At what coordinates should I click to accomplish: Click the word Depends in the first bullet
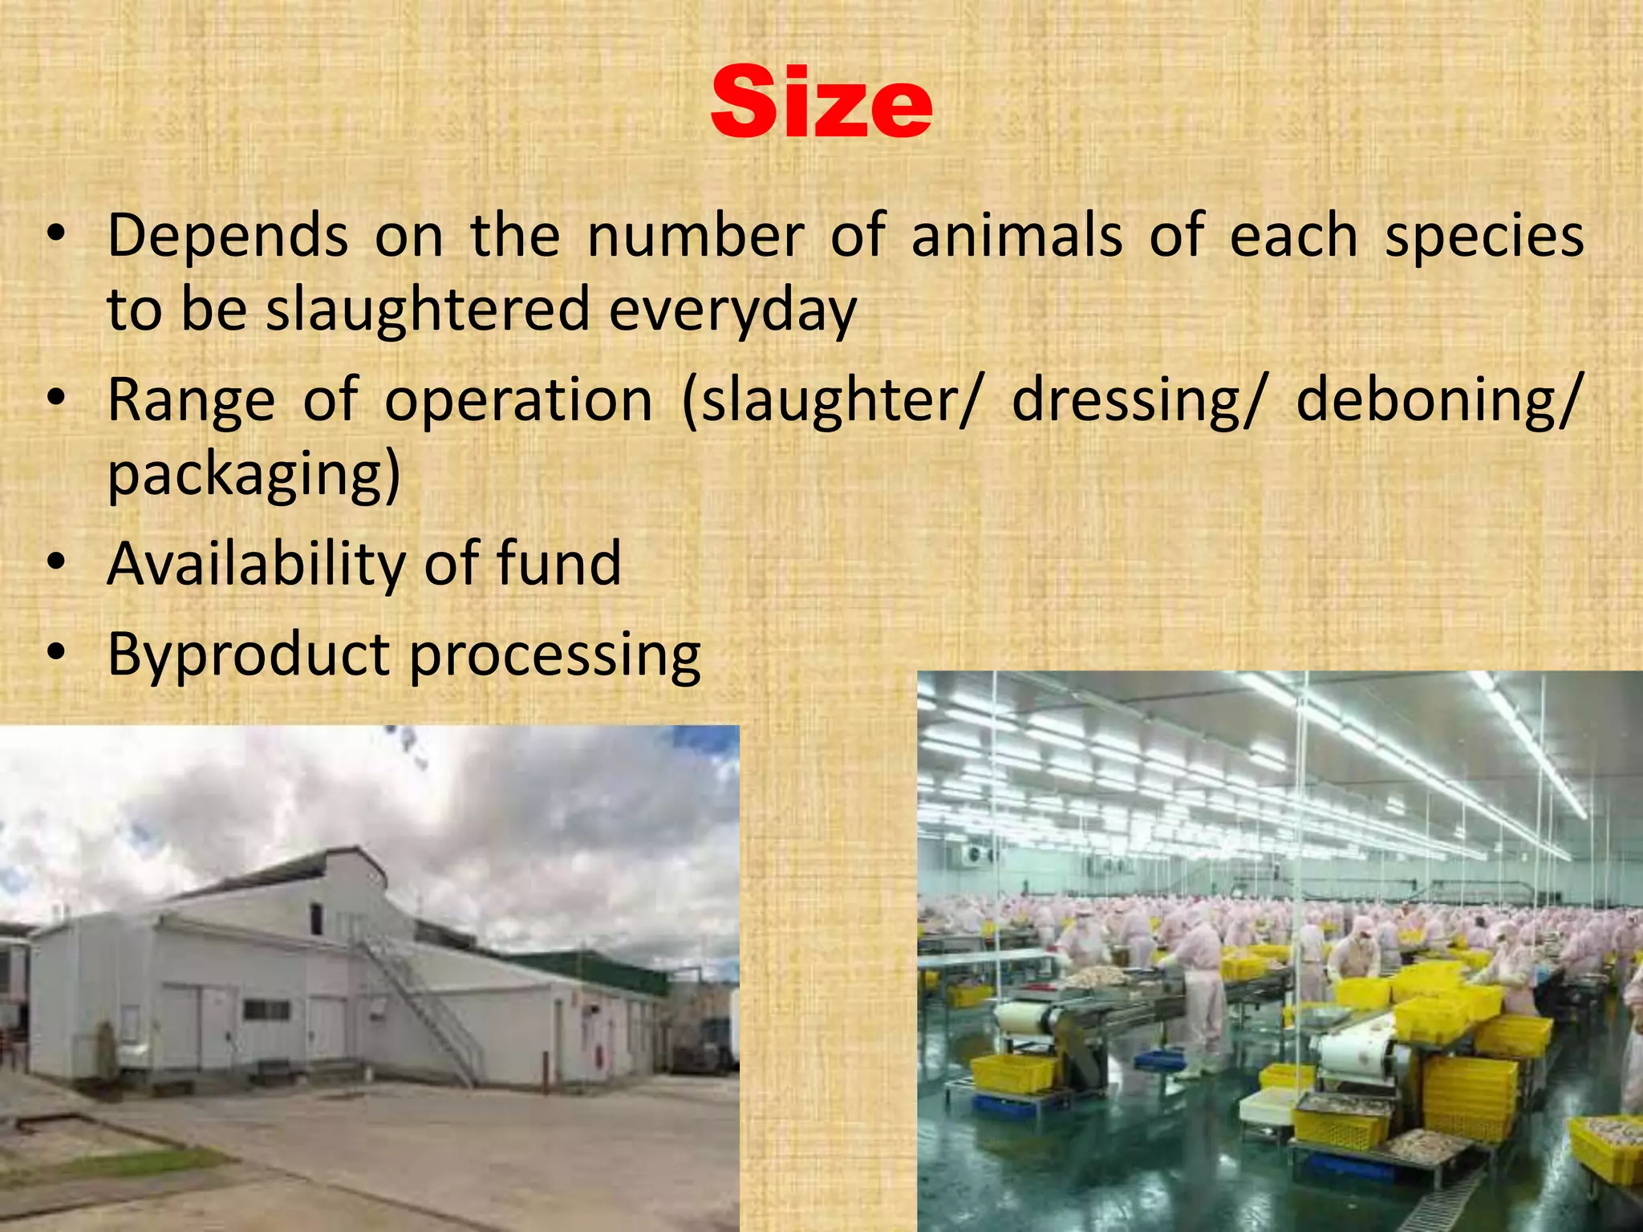click(x=228, y=237)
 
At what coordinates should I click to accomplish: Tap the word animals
click(x=1016, y=237)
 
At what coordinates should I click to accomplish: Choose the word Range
click(x=192, y=401)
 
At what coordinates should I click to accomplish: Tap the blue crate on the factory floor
click(x=1158, y=1060)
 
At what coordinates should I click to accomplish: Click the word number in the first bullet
click(x=695, y=237)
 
